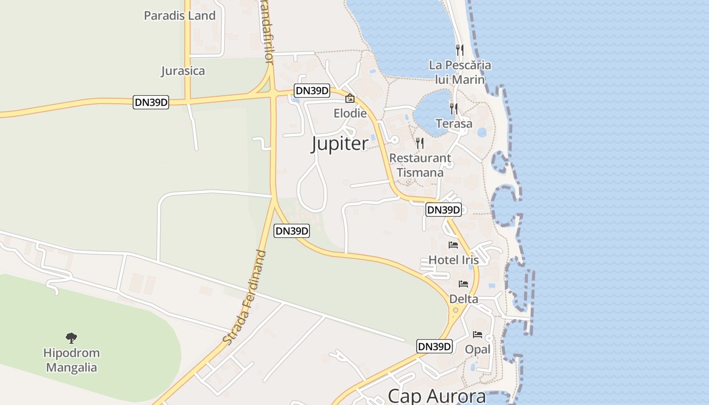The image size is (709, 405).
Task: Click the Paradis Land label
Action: (x=180, y=16)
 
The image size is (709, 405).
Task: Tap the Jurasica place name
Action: (x=183, y=71)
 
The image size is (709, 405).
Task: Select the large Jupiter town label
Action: (x=339, y=144)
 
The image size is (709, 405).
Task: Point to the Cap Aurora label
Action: (x=437, y=396)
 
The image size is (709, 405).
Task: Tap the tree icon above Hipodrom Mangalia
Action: (x=71, y=338)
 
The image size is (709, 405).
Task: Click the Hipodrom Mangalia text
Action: (x=71, y=360)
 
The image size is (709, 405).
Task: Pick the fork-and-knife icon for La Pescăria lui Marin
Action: (x=459, y=50)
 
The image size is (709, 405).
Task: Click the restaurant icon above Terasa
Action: (x=453, y=108)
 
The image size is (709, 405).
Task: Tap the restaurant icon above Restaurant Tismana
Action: (x=419, y=143)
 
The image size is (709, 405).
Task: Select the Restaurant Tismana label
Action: (x=420, y=165)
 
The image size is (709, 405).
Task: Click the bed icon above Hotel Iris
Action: (x=453, y=245)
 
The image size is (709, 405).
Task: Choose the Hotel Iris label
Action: (x=453, y=260)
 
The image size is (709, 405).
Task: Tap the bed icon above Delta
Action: (x=463, y=284)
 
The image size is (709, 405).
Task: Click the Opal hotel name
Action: (x=478, y=350)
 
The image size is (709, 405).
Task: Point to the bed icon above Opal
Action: (x=477, y=335)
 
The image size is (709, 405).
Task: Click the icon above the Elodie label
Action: (x=349, y=98)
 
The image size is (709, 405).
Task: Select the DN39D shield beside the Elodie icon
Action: (x=312, y=91)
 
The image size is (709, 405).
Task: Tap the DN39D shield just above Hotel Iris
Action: (x=443, y=210)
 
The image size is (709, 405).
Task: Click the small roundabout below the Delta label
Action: (x=456, y=310)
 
